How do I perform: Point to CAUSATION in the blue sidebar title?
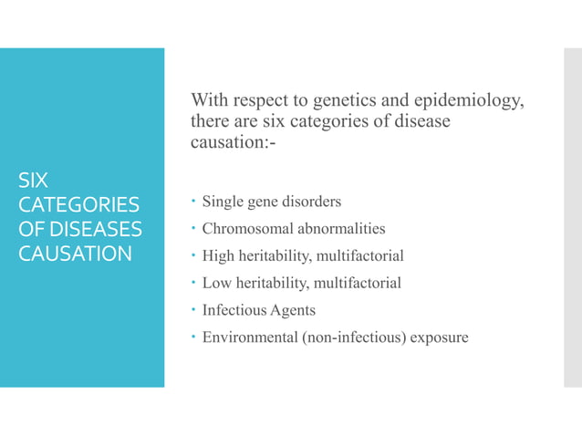tap(76, 252)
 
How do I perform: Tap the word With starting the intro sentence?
tap(210, 99)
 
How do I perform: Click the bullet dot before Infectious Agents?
tap(193, 311)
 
